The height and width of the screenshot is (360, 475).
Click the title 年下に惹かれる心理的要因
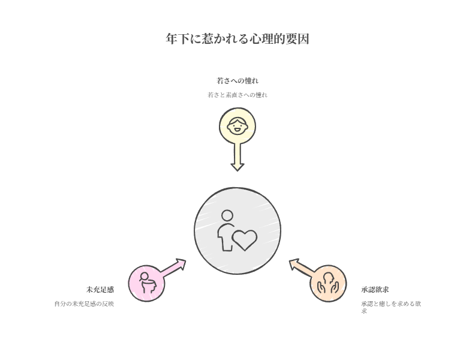237,40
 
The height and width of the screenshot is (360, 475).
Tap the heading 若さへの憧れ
237,80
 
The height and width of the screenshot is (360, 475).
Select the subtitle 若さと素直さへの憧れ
237,95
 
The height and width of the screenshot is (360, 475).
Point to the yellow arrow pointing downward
237,155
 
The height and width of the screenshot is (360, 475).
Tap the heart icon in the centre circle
245,239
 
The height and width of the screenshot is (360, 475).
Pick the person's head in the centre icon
227,216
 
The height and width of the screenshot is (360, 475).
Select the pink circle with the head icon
146,283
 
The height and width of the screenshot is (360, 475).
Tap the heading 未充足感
100,290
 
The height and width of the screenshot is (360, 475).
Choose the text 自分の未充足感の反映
84,304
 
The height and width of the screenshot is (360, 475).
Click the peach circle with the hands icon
328,283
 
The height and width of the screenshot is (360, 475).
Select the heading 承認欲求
375,290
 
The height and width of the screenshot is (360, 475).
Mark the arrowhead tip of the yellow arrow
237,168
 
